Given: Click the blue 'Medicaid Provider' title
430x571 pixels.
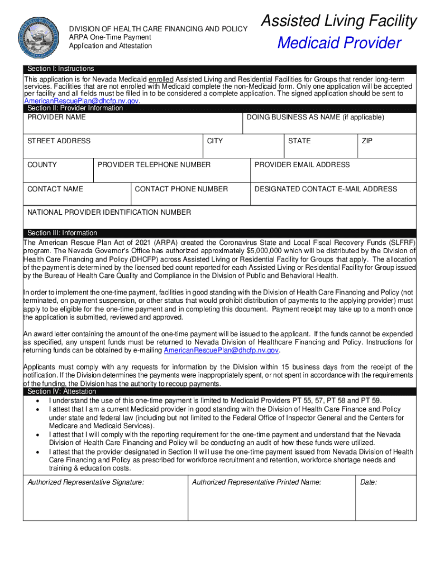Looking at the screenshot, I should pyautogui.click(x=339, y=43).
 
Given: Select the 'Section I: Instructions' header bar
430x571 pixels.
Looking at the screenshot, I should pyautogui.click(x=61, y=69).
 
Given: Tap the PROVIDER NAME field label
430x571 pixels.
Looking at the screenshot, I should pyautogui.click(x=56, y=118).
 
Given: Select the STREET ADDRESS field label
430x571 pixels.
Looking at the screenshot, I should pyautogui.click(x=59, y=141).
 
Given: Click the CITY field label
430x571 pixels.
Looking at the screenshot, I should pyautogui.click(x=214, y=141).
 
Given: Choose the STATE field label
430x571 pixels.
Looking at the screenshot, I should pyautogui.click(x=299, y=141).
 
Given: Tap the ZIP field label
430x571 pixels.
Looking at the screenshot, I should pyautogui.click(x=367, y=141).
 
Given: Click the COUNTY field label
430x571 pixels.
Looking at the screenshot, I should pyautogui.click(x=42, y=165).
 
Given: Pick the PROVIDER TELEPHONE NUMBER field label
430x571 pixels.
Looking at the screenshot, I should pyautogui.click(x=154, y=165).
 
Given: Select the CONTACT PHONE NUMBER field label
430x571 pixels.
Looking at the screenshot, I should pyautogui.click(x=181, y=189).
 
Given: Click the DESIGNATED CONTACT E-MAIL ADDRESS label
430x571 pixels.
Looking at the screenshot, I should pyautogui.click(x=326, y=189).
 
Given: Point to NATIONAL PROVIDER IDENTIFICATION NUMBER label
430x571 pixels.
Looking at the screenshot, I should pyautogui.click(x=109, y=212).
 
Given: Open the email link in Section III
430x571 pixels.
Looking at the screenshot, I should pyautogui.click(x=221, y=350).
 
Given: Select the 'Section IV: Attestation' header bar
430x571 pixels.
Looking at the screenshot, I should pyautogui.click(x=61, y=392).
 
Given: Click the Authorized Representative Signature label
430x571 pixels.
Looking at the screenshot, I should pyautogui.click(x=86, y=482).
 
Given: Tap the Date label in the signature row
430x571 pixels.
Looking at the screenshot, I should pyautogui.click(x=369, y=482).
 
